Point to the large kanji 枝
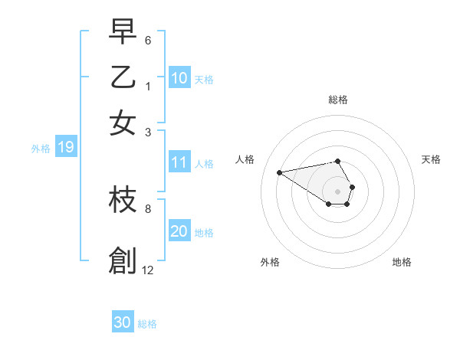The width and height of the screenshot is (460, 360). (123, 200)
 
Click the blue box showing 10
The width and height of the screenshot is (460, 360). (179, 78)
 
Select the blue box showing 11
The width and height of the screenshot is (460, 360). (179, 162)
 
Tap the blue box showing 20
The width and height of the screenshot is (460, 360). (179, 231)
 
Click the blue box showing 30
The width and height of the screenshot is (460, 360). (123, 322)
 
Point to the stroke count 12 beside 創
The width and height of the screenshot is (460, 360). (148, 270)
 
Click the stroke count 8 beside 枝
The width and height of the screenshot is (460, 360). (148, 208)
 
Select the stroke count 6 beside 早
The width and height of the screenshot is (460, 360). (148, 39)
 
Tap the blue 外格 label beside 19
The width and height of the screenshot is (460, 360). (40, 149)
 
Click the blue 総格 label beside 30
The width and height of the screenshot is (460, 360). (147, 324)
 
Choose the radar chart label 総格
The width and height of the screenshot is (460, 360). (337, 100)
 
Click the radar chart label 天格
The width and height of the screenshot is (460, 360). (431, 159)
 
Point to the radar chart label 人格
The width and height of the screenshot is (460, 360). (245, 159)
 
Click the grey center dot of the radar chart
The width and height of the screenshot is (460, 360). (337, 191)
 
